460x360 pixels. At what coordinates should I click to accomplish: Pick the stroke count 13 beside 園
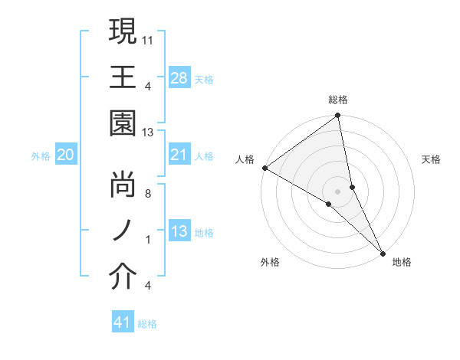[x=149, y=133]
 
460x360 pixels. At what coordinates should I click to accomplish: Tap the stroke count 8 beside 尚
[x=149, y=193]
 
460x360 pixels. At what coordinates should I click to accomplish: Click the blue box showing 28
[x=179, y=77]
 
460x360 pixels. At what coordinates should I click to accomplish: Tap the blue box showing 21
[x=179, y=155]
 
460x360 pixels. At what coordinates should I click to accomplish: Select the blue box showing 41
[x=123, y=322]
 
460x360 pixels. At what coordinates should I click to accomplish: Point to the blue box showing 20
[x=66, y=155]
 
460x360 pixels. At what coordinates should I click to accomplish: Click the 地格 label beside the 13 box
[x=204, y=233]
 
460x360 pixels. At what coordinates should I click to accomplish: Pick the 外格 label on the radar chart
[x=270, y=263]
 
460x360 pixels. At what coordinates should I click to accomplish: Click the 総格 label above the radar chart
[x=338, y=100]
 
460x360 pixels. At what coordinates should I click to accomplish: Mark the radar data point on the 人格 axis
[x=264, y=168]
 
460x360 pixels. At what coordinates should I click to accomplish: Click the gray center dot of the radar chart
[x=338, y=191]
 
